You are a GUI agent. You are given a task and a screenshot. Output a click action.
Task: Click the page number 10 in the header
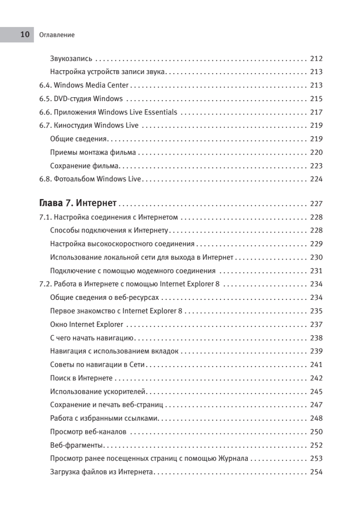pos(25,35)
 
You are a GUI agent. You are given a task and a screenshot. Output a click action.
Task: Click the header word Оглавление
pos(56,35)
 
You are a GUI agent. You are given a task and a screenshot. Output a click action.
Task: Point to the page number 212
pos(316,59)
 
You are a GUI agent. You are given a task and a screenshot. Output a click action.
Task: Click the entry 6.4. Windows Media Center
pos(84,85)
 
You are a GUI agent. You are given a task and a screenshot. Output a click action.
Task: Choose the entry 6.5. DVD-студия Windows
pos(81,99)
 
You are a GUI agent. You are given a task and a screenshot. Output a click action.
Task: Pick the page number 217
pos(316,112)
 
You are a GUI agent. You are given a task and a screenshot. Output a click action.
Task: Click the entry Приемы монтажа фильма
pos(93,152)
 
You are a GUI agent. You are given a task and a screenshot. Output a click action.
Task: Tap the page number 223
pos(316,166)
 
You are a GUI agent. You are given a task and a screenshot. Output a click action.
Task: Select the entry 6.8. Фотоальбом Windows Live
pos(90,179)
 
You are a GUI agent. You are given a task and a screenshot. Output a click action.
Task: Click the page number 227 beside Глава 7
pos(316,203)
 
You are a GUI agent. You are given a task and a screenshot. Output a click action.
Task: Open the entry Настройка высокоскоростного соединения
pos(122,244)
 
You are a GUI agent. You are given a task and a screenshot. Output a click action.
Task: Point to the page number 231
pos(316,271)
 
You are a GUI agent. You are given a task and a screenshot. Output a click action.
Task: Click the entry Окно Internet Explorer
pos(86,324)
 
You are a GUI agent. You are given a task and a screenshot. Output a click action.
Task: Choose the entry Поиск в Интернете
pos(81,378)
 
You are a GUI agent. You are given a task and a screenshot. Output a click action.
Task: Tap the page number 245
pos(316,391)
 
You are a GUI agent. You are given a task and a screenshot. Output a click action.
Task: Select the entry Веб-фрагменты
pos(78,445)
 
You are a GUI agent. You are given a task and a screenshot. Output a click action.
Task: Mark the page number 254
pos(316,472)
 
